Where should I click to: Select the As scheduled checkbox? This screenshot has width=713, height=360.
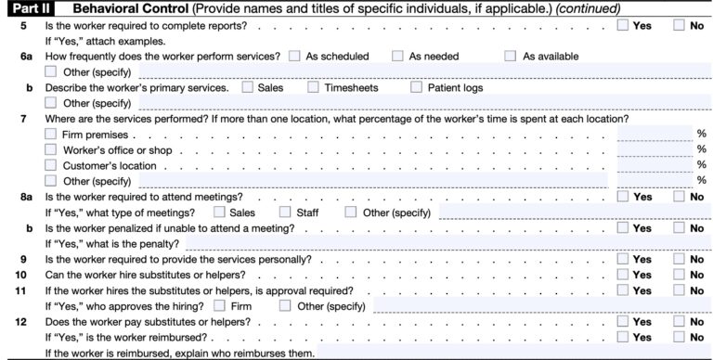pos(294,56)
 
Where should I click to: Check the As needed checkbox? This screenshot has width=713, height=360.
pos(397,56)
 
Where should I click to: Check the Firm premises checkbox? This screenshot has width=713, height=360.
pos(51,135)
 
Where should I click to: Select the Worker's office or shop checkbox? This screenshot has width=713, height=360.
pos(51,150)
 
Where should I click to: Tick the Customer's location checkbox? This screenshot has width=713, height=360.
pos(51,165)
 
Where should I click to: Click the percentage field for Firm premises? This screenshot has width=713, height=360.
pos(654,135)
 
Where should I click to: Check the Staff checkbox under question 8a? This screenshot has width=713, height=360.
pos(284,212)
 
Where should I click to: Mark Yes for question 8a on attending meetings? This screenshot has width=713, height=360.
pos(624,197)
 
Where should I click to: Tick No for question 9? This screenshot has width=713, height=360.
pos(681,260)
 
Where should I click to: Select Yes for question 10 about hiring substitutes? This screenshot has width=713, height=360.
pos(624,276)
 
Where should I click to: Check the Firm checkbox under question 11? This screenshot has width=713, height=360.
pos(219,306)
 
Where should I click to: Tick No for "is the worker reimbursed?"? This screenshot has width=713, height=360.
pos(681,338)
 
